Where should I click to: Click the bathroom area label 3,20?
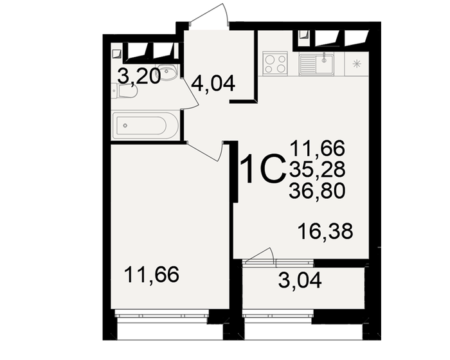click(138, 76)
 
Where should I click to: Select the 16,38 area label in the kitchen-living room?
click(326, 230)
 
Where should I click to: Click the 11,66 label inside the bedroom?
click(151, 276)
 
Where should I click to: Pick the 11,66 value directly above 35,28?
click(317, 148)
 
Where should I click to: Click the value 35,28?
click(317, 169)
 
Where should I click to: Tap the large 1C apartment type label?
click(262, 170)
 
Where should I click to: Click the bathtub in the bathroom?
click(144, 125)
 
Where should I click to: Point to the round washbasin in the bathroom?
click(168, 73)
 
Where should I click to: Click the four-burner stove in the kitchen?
click(276, 63)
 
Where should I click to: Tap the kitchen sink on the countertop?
click(316, 63)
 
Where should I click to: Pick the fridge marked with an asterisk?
click(357, 63)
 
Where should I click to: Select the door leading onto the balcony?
click(260, 256)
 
